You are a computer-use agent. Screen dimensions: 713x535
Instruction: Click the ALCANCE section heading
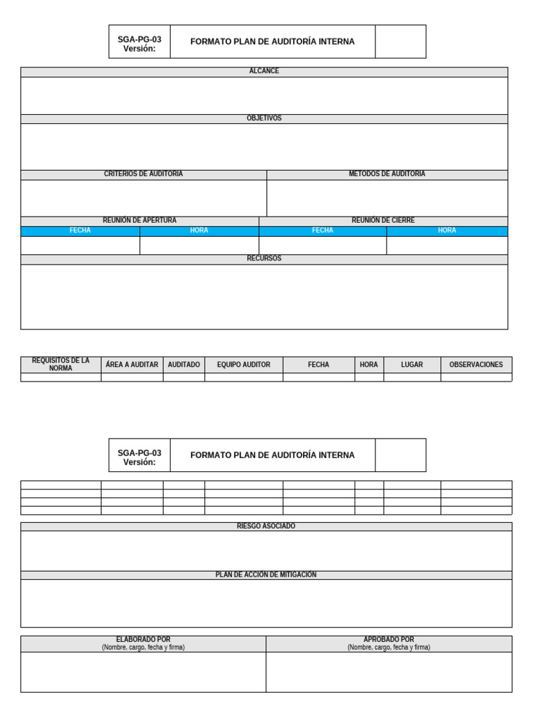[x=264, y=72]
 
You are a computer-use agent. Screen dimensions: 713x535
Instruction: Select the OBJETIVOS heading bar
[x=264, y=118]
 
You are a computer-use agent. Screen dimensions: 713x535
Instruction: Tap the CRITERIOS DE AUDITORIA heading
[x=144, y=174]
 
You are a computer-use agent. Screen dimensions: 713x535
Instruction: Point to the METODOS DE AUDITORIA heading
[x=387, y=174]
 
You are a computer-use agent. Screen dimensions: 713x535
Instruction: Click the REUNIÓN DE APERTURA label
[x=139, y=221]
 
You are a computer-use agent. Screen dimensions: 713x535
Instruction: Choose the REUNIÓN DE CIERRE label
[x=383, y=221]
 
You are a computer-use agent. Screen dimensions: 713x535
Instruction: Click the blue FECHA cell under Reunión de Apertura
[x=80, y=230]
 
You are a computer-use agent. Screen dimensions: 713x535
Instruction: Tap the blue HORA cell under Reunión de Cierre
[x=447, y=230]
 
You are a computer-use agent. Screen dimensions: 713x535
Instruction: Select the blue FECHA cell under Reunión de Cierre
[x=323, y=230]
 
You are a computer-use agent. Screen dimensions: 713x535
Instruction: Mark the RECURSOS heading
[x=264, y=258]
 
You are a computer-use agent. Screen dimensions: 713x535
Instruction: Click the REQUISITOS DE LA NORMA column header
[x=61, y=364]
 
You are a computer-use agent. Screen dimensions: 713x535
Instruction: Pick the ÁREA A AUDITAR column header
[x=132, y=365]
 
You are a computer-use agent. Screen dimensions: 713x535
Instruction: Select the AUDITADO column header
[x=184, y=365]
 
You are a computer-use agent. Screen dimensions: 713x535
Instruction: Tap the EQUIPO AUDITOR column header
[x=244, y=365]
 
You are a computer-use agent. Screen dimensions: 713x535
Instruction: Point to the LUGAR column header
[x=412, y=365]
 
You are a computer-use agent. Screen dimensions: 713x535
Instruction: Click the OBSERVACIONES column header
[x=476, y=365]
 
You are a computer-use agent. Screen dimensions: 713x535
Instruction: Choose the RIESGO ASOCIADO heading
[x=266, y=526]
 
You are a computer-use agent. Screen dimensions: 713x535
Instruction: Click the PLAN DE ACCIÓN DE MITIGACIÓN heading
[x=266, y=575]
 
